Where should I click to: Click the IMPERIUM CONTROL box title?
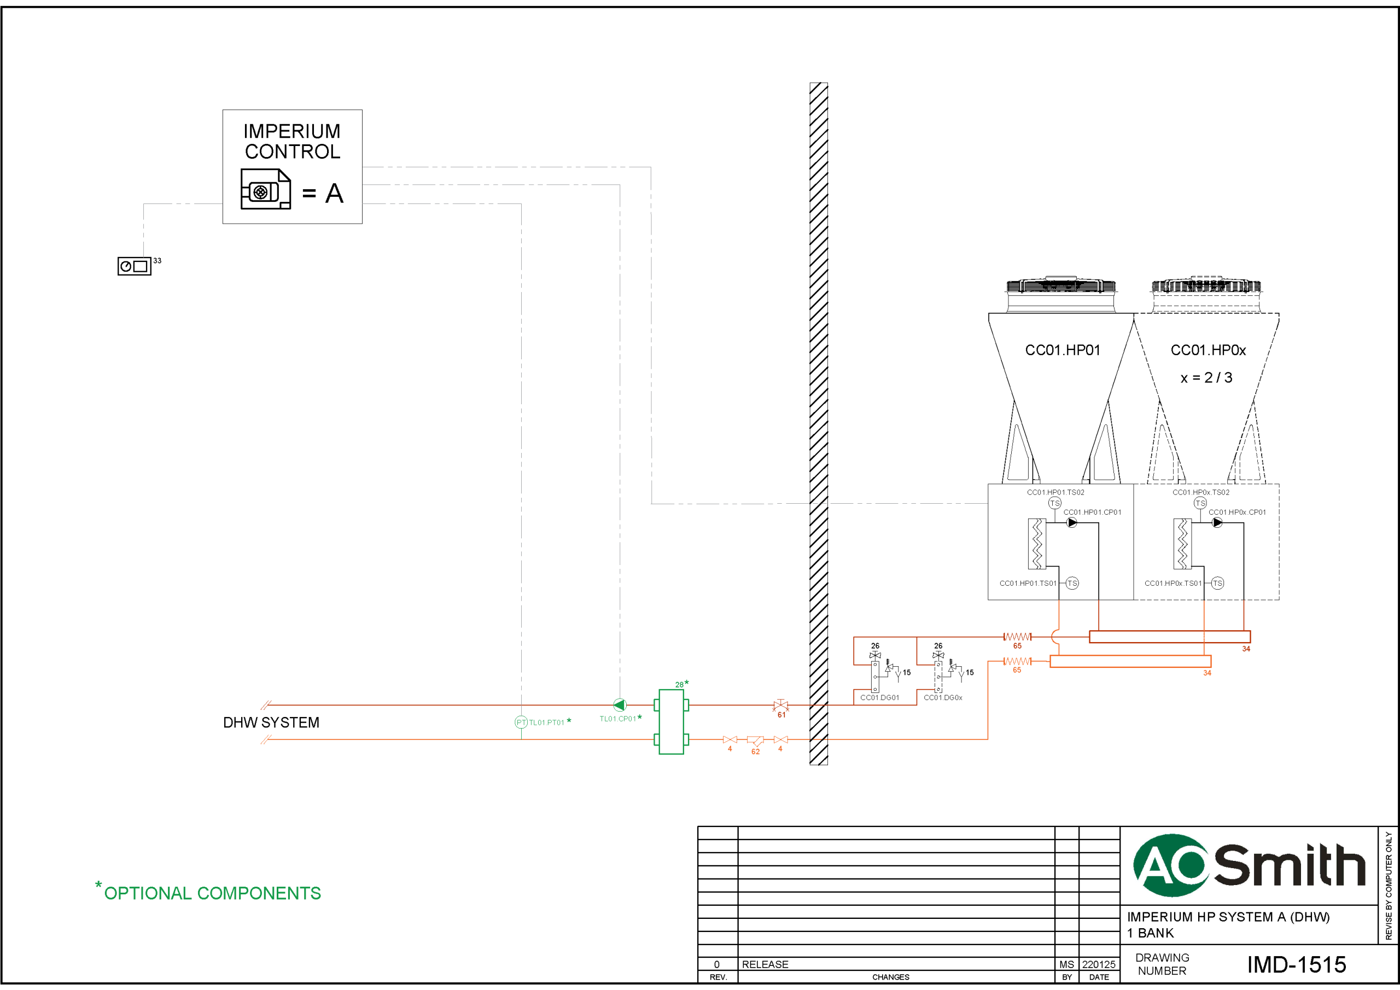(292, 141)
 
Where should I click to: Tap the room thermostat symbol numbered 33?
(134, 266)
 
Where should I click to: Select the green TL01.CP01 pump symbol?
(620, 705)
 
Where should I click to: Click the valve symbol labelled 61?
(780, 706)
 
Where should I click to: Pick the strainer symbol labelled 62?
(755, 740)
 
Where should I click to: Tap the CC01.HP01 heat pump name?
(1062, 350)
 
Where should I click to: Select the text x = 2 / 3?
(1206, 377)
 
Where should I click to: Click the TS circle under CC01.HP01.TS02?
(1054, 503)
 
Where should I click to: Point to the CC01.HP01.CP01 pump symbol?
(1071, 523)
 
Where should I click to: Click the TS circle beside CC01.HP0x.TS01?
(1217, 583)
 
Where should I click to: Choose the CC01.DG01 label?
(879, 697)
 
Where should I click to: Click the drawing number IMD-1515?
(1296, 964)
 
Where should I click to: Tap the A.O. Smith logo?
(1248, 865)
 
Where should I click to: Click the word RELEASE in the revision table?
(765, 964)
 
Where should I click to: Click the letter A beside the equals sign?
(334, 194)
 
